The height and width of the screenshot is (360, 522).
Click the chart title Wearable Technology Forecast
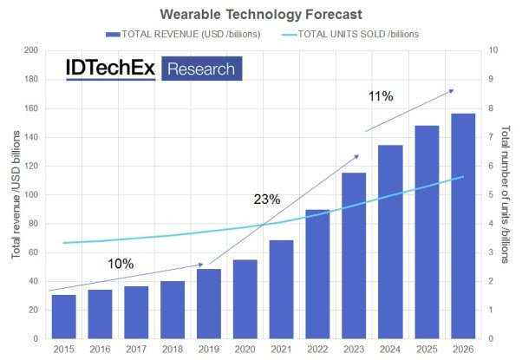260,14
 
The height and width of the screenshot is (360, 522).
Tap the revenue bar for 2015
63,317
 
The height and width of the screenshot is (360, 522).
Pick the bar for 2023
353,255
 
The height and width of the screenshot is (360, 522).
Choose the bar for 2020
245,298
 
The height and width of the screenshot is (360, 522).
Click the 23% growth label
267,200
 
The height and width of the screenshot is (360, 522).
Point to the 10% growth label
121,263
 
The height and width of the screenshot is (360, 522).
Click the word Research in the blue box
200,69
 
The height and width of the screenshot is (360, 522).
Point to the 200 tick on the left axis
32,51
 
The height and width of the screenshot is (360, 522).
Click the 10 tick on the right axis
493,51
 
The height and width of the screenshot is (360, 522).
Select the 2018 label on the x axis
173,349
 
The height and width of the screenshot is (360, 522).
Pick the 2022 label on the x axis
317,349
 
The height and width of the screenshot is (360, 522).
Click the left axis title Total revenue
15,195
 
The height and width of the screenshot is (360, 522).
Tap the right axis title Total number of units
508,195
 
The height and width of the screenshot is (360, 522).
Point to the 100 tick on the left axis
32,195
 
